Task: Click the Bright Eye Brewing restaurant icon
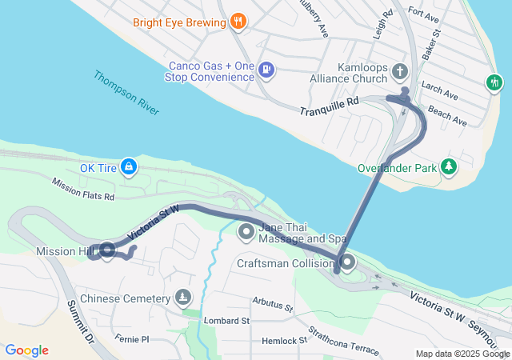(237, 22)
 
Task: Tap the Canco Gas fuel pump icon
(266, 70)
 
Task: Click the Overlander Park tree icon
(450, 167)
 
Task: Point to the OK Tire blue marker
(129, 167)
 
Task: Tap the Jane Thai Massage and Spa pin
(246, 232)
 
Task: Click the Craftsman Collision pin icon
(348, 262)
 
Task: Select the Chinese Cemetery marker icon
(184, 298)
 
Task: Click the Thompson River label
(126, 93)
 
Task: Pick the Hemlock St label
(285, 340)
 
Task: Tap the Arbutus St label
(271, 303)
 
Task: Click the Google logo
(26, 350)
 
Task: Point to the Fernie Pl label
(132, 339)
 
